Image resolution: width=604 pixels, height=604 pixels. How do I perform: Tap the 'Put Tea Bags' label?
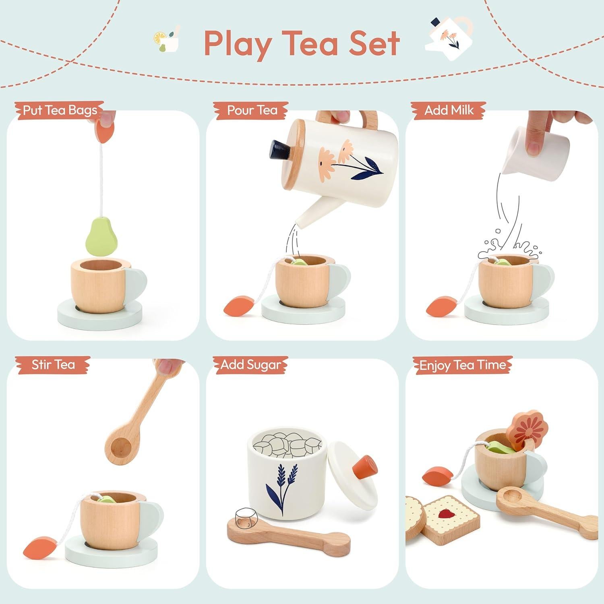(60, 110)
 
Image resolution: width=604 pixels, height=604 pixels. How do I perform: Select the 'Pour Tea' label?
(252, 110)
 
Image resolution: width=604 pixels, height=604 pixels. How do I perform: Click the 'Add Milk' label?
(449, 110)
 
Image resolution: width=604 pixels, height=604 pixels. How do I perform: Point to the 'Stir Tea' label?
(53, 365)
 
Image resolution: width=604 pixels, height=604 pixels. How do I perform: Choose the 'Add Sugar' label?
(250, 365)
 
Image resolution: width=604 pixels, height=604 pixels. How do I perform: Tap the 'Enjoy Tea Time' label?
(462, 365)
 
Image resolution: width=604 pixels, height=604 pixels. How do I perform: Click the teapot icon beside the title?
(449, 38)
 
